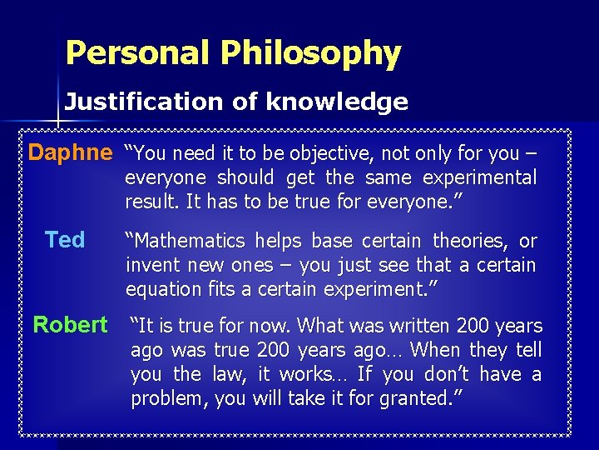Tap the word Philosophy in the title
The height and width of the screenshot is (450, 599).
[310, 54]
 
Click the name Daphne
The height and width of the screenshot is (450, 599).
[70, 153]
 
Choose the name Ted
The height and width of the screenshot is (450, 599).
[65, 241]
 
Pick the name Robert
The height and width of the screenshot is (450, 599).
[70, 325]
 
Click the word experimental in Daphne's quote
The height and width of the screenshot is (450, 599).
[479, 178]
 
